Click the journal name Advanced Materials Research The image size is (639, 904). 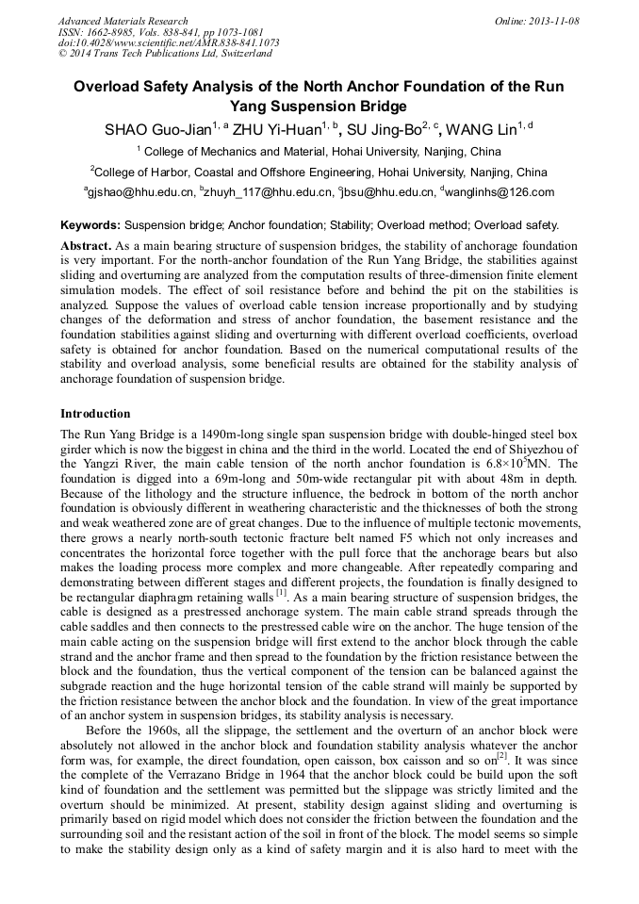point(123,21)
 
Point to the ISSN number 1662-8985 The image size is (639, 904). point(116,32)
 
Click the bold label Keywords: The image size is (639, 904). point(90,225)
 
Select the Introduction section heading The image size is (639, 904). point(95,414)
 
